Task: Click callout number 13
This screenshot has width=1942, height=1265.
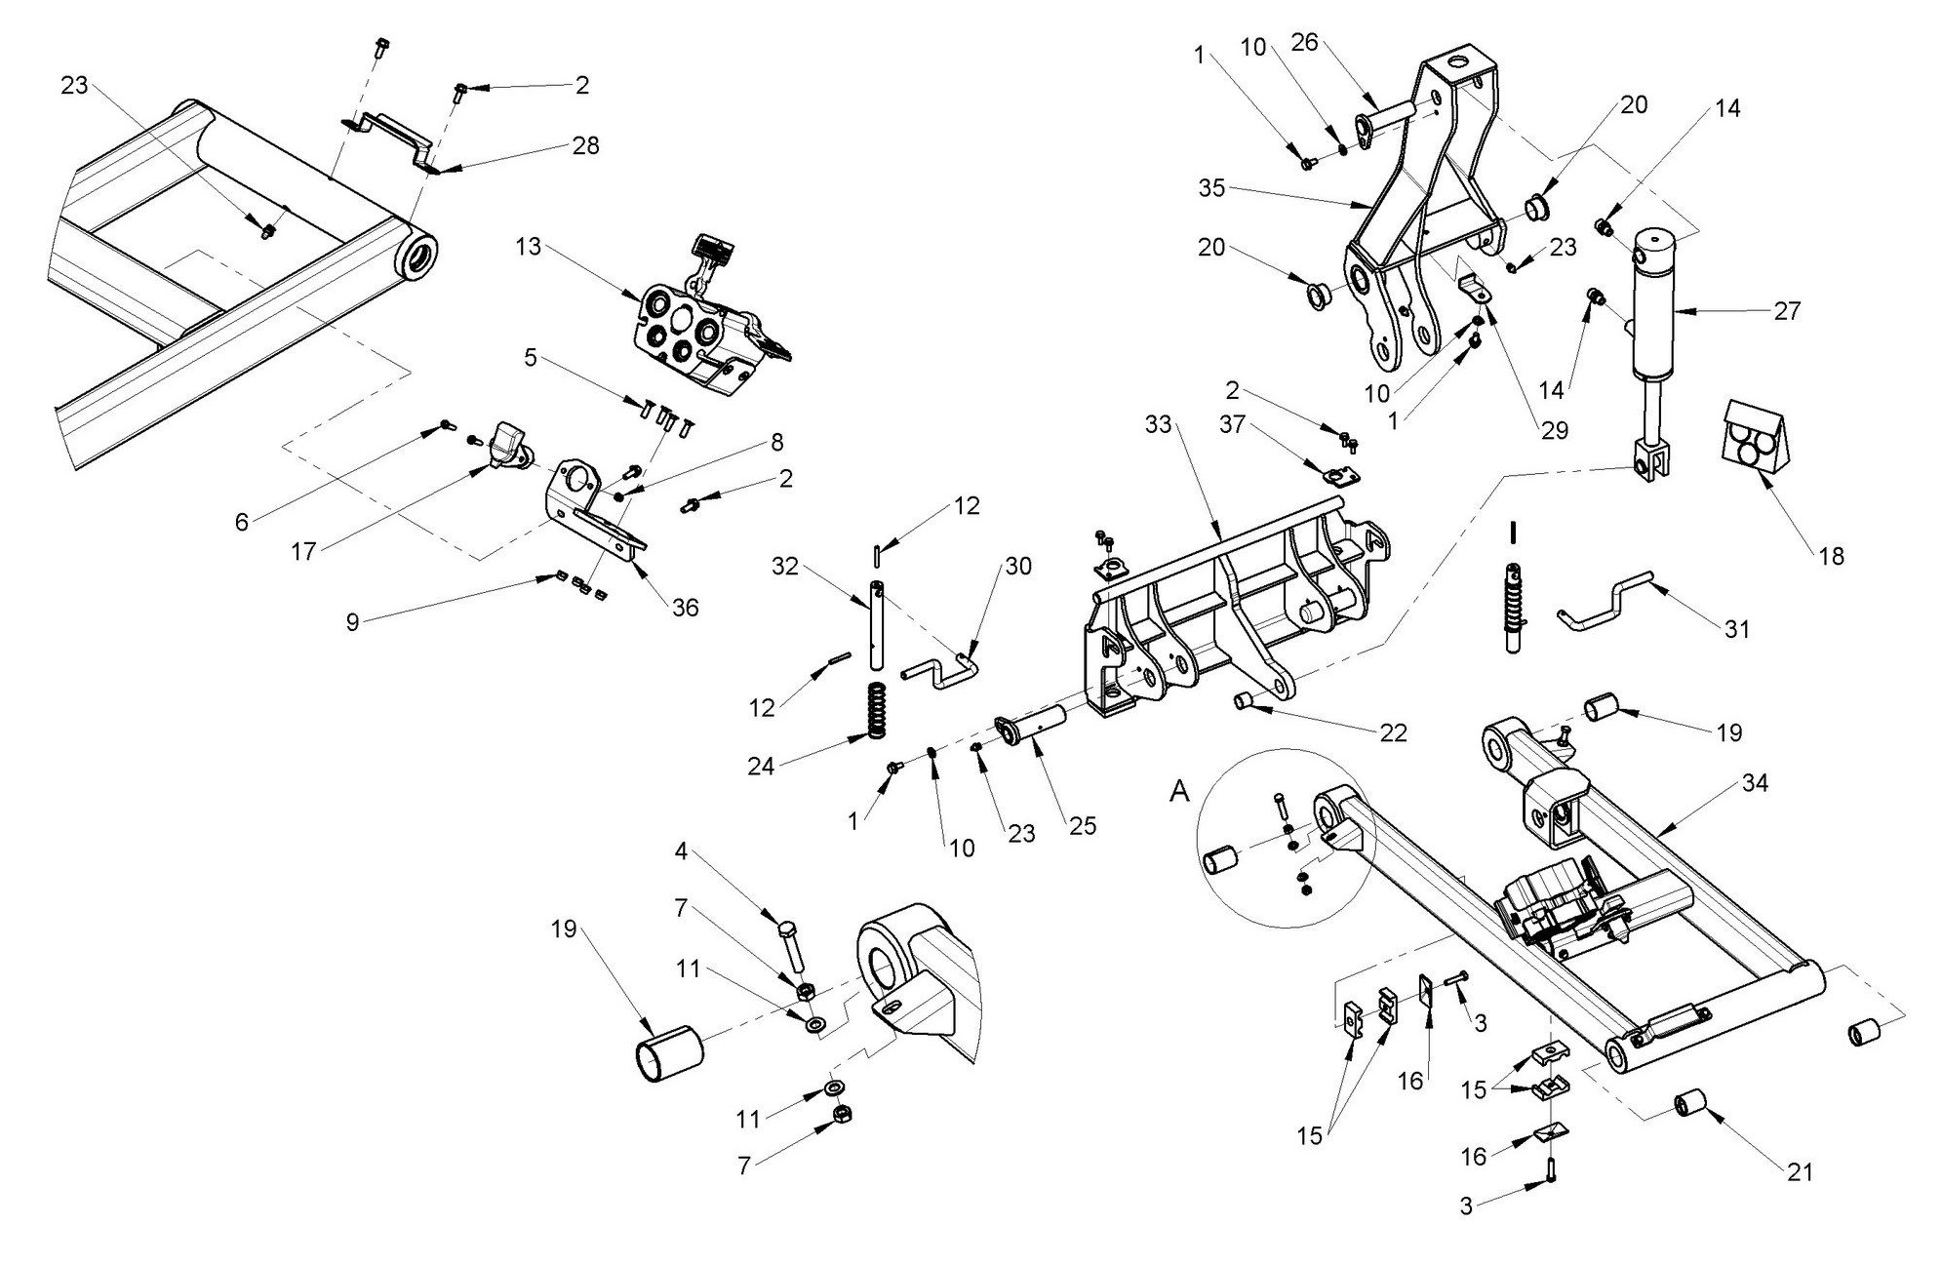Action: tap(528, 247)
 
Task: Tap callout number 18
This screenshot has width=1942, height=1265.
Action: tap(1832, 555)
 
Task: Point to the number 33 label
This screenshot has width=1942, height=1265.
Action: tap(1158, 425)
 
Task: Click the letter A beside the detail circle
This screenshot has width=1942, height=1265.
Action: tap(1180, 793)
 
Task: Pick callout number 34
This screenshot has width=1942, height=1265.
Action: tap(1754, 783)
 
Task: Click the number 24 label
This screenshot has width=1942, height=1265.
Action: tap(761, 766)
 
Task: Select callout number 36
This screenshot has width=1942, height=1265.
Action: tap(686, 607)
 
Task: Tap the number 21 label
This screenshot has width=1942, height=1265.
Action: tap(1800, 1171)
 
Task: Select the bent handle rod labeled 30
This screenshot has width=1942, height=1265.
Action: tap(939, 671)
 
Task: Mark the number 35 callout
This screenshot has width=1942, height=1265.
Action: tap(1211, 187)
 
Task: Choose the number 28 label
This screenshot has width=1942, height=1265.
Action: tap(585, 146)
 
